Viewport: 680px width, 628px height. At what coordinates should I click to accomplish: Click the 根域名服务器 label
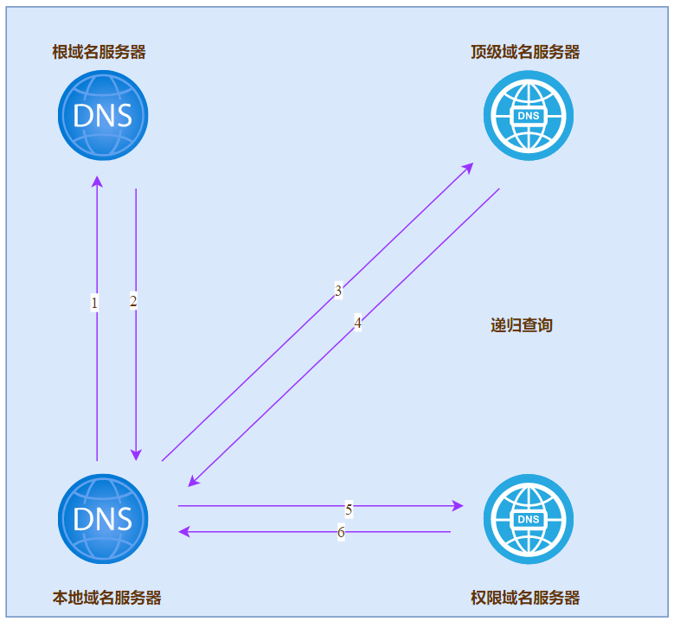[99, 52]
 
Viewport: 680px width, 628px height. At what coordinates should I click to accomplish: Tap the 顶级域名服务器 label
[525, 52]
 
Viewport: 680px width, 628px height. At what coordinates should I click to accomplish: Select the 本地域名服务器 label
[106, 597]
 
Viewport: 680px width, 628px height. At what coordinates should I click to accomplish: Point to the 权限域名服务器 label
[525, 597]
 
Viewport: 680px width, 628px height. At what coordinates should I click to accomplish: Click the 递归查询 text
[521, 325]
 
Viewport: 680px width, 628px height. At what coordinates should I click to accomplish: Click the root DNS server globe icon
[103, 115]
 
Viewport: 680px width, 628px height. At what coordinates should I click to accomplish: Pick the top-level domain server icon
[528, 115]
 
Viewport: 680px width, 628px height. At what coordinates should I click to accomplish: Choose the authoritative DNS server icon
[528, 519]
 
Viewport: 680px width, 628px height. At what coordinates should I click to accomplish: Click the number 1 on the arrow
[94, 303]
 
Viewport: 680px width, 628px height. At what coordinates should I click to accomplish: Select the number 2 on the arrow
[133, 301]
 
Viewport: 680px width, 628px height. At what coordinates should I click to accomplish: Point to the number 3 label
[338, 291]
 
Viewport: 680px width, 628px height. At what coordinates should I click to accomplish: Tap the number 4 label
[357, 324]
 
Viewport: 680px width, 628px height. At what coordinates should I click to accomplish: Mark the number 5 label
[349, 509]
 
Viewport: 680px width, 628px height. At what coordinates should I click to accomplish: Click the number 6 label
[341, 532]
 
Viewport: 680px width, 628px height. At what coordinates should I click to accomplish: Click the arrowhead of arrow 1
[97, 182]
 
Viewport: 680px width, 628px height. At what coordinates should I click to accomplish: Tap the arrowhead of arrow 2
[136, 455]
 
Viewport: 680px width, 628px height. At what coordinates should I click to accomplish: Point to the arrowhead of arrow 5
[458, 505]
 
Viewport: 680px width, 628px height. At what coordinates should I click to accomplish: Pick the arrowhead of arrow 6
[184, 531]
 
